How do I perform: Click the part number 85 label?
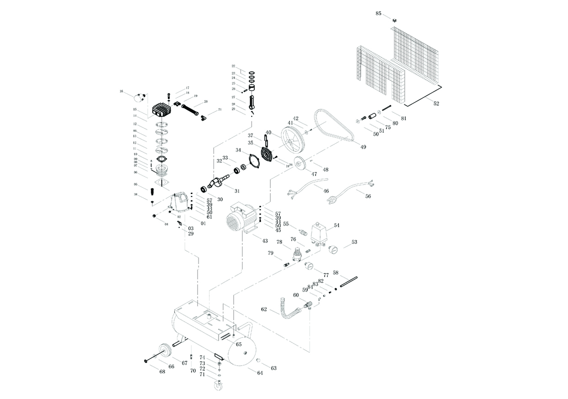(378, 13)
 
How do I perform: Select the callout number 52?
(436, 104)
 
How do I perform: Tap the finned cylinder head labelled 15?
(161, 109)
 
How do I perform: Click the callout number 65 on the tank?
(239, 344)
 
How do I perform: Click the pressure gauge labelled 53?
(331, 249)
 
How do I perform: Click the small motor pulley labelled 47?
(300, 163)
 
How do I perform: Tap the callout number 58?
(335, 273)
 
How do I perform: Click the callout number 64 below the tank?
(260, 373)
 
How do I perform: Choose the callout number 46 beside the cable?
(326, 191)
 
